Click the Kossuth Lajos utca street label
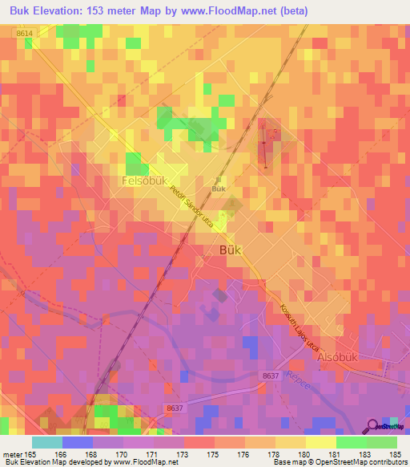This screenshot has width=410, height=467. coord(300,330)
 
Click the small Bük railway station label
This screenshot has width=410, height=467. coord(218,189)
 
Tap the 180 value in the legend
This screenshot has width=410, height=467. coord(305,455)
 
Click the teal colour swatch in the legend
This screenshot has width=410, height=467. coord(47,442)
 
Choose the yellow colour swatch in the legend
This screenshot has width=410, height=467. coord(320,442)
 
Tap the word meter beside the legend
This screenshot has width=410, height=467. coord(11,455)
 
